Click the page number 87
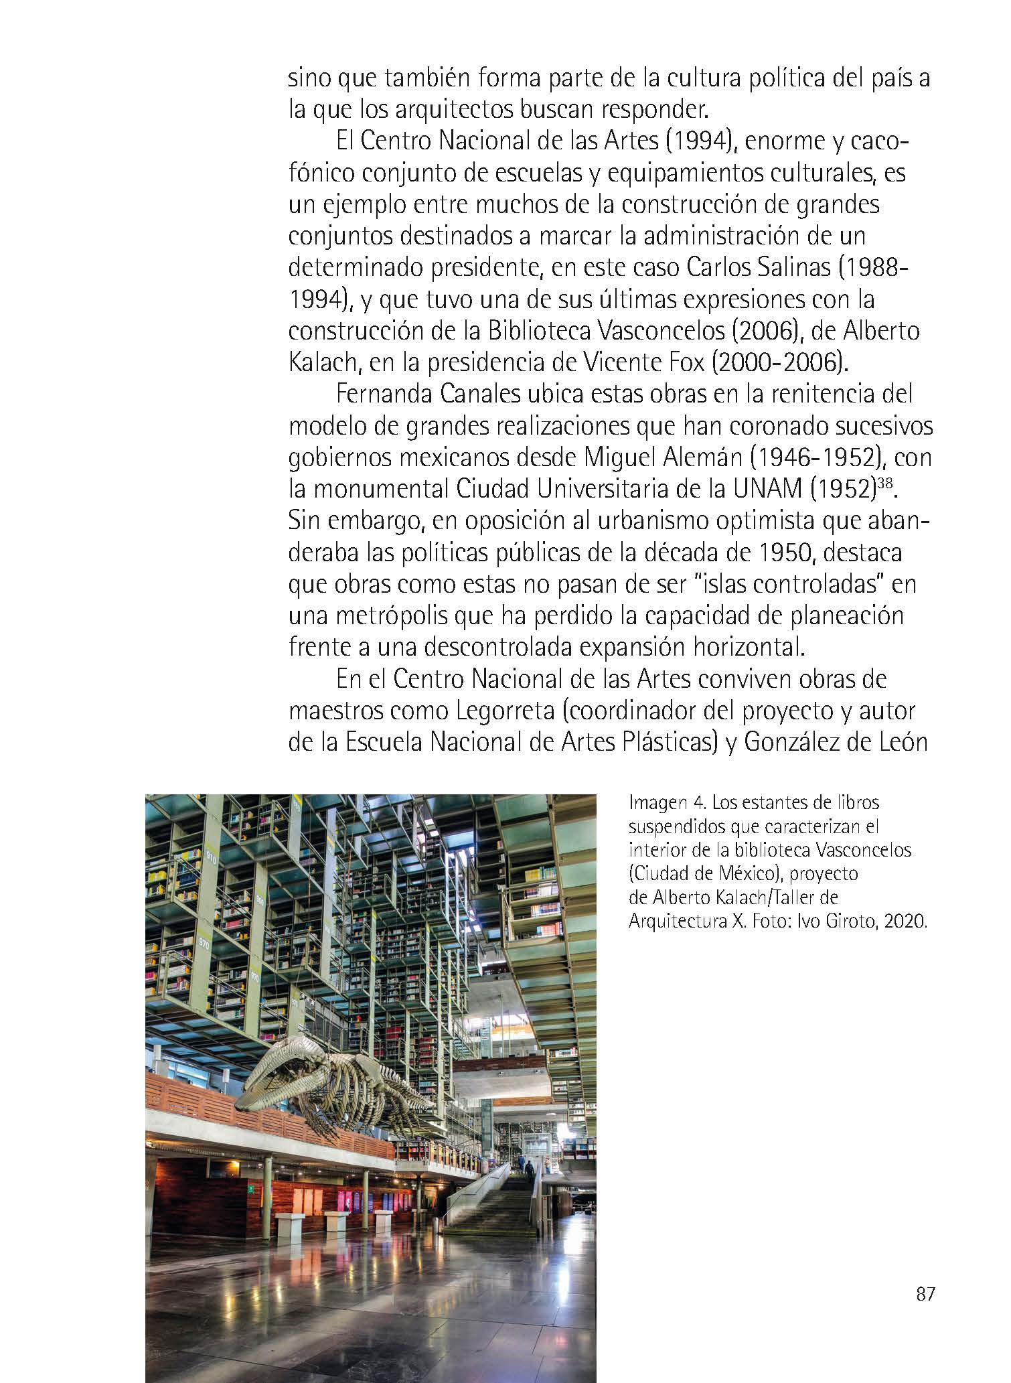pyautogui.click(x=925, y=1295)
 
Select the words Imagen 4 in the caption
pyautogui.click(x=664, y=802)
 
